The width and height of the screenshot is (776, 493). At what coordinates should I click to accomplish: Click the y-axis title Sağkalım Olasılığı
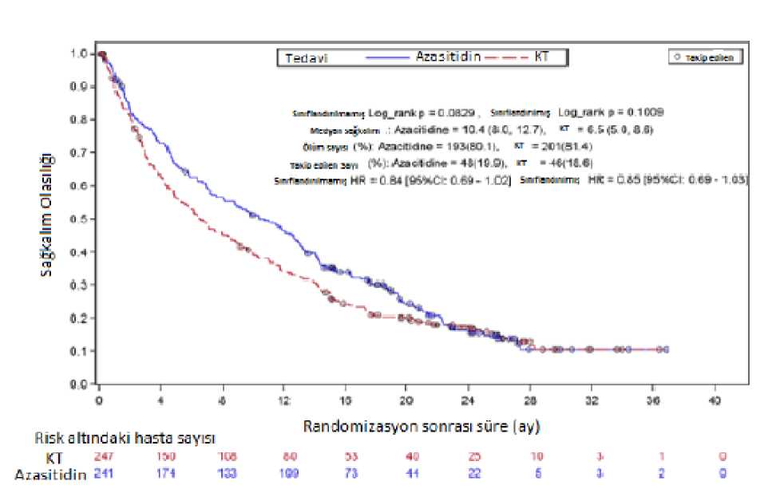point(49,216)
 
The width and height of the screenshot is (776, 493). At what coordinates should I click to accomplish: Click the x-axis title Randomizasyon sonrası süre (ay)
point(422,427)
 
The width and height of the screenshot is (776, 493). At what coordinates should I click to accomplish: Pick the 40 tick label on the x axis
point(715,399)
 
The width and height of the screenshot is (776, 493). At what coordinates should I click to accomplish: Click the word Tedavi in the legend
point(304,58)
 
